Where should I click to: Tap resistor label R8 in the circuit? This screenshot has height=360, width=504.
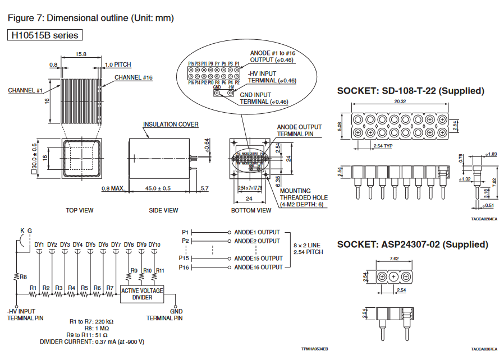pos(23,276)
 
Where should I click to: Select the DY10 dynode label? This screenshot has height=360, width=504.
pos(155,244)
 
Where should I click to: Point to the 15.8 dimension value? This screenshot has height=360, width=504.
pos(81,54)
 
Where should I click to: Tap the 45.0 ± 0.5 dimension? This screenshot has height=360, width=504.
pos(158,188)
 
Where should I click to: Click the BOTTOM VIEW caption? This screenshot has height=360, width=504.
pos(251,210)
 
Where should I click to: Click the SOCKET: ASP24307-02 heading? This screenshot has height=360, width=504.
pos(412,244)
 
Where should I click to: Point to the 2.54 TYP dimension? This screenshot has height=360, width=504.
pos(382,146)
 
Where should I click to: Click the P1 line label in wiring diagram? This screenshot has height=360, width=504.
pos(186,232)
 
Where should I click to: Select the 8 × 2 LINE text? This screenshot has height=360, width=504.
pos(306,245)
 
